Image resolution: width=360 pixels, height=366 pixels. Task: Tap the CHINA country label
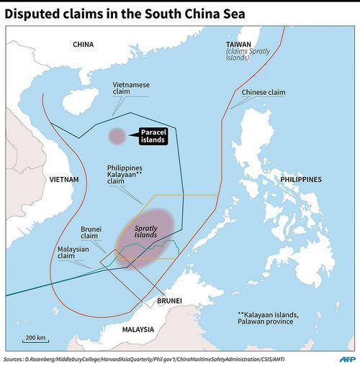pyautogui.click(x=84, y=45)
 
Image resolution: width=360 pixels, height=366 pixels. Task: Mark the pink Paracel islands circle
pyautogui.click(x=116, y=136)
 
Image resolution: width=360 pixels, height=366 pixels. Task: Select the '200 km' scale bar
pyautogui.click(x=35, y=339)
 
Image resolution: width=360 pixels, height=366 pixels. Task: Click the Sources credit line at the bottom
pyautogui.click(x=144, y=357)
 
